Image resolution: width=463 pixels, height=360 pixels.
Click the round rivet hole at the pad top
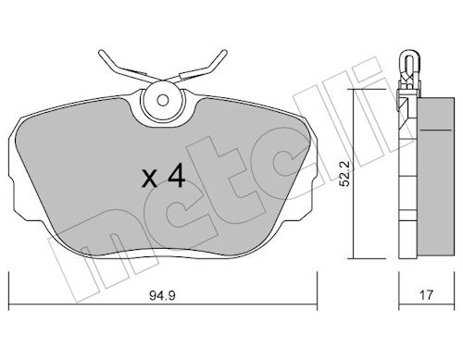[x=165, y=99]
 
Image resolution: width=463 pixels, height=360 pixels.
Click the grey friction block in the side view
[x=432, y=176]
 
